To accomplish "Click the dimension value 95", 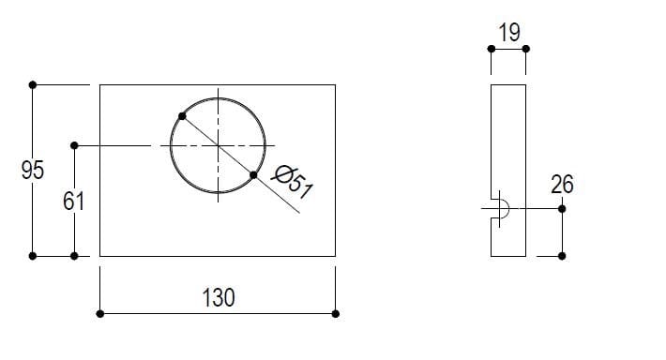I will pyautogui.click(x=33, y=170).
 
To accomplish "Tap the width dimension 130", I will pyautogui.click(x=219, y=298).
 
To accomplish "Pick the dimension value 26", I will pyautogui.click(x=562, y=184).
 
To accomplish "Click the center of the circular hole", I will pyautogui.click(x=218, y=145).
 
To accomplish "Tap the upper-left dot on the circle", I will pyautogui.click(x=181, y=116).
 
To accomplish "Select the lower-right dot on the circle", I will pyautogui.click(x=254, y=174).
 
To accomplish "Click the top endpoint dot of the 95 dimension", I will pyautogui.click(x=33, y=84).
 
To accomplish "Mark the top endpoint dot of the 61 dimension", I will pyautogui.click(x=74, y=145).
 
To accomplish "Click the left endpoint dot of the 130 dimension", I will pyautogui.click(x=100, y=313).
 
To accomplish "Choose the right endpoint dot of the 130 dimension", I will pyautogui.click(x=336, y=313).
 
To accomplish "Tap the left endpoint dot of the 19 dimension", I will pyautogui.click(x=491, y=49).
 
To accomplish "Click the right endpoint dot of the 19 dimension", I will pyautogui.click(x=525, y=49).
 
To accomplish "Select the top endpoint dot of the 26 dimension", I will pyautogui.click(x=562, y=208).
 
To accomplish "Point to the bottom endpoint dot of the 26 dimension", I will pyautogui.click(x=562, y=255).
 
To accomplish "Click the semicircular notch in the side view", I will pyautogui.click(x=501, y=208).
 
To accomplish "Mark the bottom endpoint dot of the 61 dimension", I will pyautogui.click(x=74, y=255).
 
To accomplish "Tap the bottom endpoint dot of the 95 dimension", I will pyautogui.click(x=33, y=255).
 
